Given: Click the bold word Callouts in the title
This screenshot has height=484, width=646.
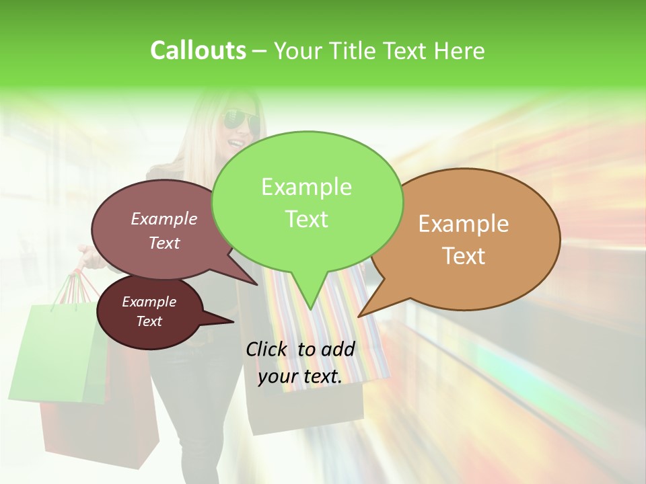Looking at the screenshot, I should (x=198, y=50).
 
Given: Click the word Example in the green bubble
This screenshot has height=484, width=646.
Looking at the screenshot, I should (x=306, y=187).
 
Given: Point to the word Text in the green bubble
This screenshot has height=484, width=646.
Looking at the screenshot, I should (x=306, y=219).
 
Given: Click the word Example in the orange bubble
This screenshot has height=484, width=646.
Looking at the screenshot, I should (x=464, y=224).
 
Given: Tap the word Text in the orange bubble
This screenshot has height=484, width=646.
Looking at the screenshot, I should (x=464, y=256).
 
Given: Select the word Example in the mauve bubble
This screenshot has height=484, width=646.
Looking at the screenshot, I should (x=164, y=218).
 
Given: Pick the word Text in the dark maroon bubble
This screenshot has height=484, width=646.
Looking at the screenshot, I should (x=149, y=321).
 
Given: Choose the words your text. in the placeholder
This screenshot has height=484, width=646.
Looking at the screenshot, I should (x=300, y=377).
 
